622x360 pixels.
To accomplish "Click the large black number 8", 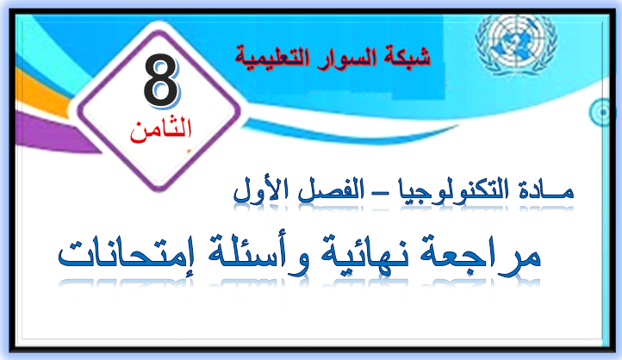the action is point(160,80).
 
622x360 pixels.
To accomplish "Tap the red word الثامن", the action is point(160,129).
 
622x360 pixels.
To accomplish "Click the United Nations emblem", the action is point(516,43).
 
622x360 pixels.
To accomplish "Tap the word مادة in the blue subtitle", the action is point(546,190).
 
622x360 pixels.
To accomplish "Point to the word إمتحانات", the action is point(126,253).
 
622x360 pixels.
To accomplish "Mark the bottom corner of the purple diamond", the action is point(159,190).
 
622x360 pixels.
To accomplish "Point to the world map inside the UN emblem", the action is point(516,41).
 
